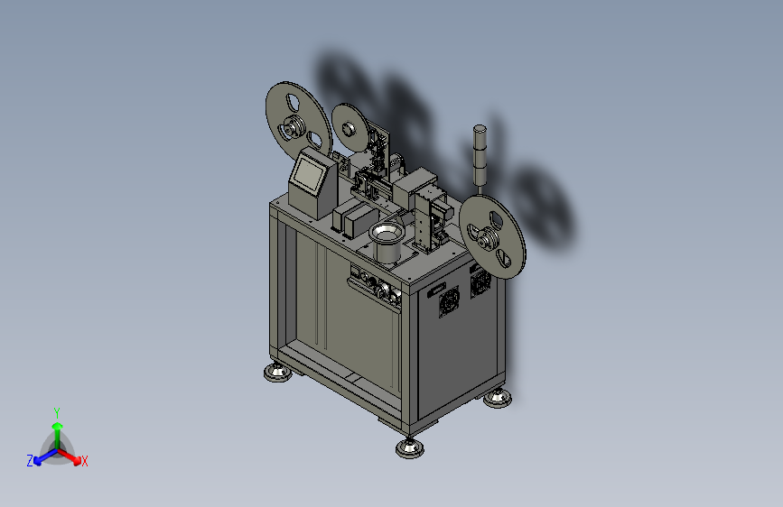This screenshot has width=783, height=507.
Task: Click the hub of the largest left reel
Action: click(291, 128)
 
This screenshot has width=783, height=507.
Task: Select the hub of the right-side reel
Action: click(484, 240)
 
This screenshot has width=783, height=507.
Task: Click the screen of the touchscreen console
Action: click(309, 173)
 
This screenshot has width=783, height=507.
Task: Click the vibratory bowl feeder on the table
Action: click(386, 243)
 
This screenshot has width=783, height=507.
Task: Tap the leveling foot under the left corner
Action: click(278, 373)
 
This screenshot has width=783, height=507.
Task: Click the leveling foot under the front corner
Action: click(410, 447)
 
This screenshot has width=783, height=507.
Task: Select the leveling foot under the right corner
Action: click(498, 398)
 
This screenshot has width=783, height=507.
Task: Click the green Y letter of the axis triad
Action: click(57, 413)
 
